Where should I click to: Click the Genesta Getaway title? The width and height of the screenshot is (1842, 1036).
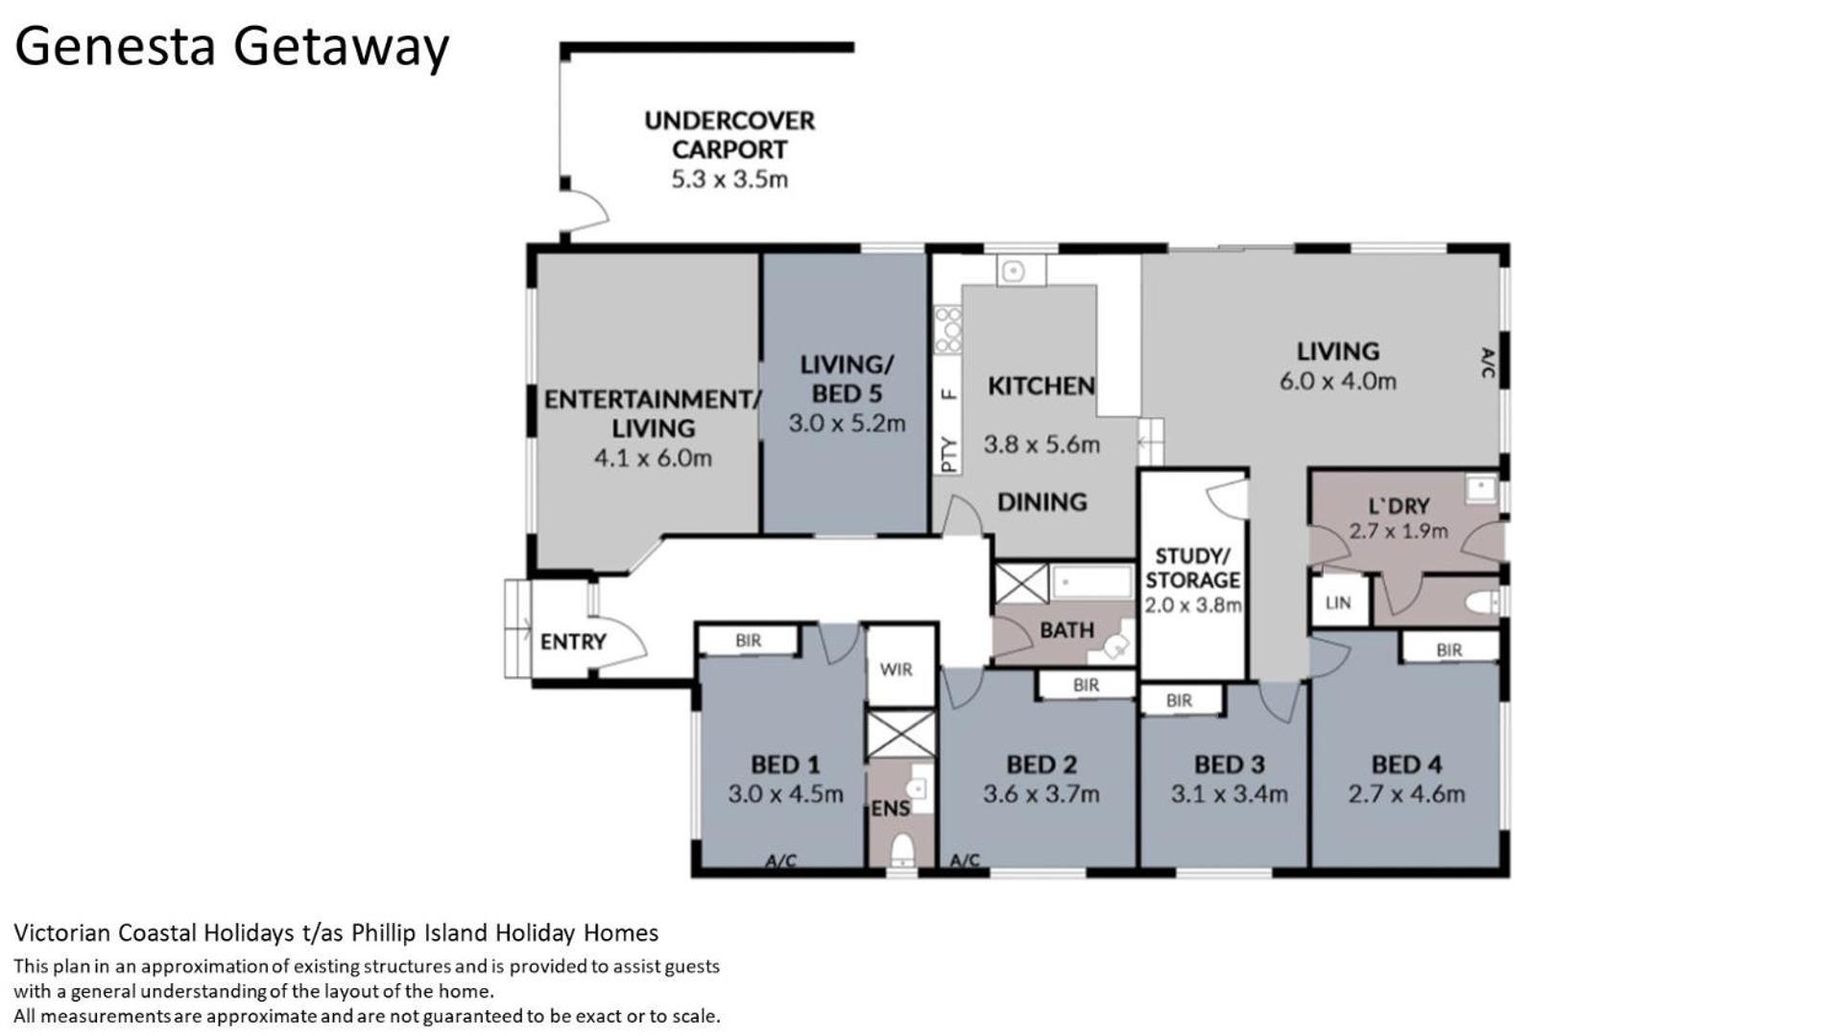tap(231, 46)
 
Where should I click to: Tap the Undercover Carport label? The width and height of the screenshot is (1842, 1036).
tap(730, 135)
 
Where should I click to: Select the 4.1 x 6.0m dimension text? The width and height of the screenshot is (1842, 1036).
tap(653, 458)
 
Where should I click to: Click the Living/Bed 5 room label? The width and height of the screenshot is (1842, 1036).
tap(847, 379)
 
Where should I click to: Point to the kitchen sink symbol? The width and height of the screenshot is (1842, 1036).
tap(1013, 271)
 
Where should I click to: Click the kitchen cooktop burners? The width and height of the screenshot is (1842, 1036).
tap(947, 329)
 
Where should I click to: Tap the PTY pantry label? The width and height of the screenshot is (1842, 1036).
tap(948, 455)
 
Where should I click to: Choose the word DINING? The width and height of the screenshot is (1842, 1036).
tap(1041, 502)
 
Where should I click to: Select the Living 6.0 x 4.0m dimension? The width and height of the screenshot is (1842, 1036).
tap(1337, 381)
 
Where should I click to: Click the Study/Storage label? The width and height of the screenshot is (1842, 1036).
tap(1192, 568)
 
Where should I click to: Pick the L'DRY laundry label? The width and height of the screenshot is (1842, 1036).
tap(1399, 506)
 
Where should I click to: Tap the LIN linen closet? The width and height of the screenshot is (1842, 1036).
tap(1338, 602)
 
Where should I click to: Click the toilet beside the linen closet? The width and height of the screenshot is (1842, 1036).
tap(1484, 602)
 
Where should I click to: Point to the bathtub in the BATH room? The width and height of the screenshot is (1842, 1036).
tap(1092, 582)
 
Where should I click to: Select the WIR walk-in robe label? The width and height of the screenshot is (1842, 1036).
tap(896, 670)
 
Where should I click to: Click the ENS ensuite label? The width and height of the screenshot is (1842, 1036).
tap(890, 809)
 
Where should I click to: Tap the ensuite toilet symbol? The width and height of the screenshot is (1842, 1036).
tap(902, 851)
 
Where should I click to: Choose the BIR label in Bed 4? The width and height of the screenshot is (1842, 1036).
tap(1449, 649)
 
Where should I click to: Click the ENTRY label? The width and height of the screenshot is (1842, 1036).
tap(573, 642)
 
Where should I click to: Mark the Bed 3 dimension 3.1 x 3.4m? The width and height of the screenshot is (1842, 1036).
tap(1229, 794)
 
